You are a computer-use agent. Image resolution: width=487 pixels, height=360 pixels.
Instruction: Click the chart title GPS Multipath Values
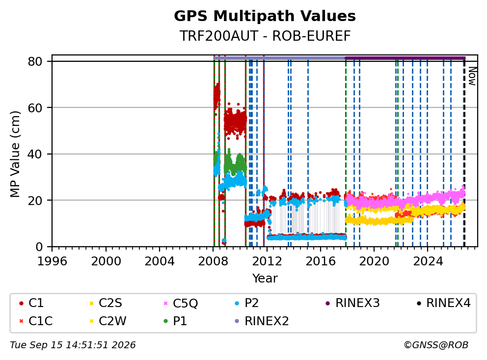(x=265, y=16)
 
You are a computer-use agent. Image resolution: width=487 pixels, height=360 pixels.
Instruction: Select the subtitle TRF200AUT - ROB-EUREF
(x=265, y=36)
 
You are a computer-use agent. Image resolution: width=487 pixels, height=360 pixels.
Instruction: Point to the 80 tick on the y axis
(x=35, y=61)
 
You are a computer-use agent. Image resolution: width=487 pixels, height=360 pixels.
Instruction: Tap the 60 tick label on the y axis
(x=35, y=108)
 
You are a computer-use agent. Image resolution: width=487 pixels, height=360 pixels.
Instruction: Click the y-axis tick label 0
(x=39, y=247)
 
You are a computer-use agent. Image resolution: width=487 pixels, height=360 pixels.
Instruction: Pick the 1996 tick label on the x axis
(x=52, y=261)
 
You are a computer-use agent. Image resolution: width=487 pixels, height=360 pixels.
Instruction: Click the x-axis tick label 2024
(x=428, y=261)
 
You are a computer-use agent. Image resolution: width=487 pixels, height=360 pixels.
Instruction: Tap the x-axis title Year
(x=265, y=278)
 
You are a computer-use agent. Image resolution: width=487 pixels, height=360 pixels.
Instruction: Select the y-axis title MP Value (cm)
(x=15, y=154)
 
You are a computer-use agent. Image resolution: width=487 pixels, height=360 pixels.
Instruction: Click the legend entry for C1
(x=32, y=303)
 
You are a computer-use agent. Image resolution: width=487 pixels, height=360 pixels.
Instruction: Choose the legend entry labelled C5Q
(x=181, y=303)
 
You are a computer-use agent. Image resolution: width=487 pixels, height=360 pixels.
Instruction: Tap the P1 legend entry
(x=175, y=321)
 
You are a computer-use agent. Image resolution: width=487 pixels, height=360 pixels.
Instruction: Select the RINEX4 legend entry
(x=444, y=303)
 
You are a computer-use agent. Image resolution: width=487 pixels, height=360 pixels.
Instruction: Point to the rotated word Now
(x=472, y=76)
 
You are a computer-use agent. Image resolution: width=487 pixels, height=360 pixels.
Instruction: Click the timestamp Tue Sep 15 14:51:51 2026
(x=73, y=345)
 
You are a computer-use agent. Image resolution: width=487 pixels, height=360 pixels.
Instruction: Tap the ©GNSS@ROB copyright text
(x=436, y=345)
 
